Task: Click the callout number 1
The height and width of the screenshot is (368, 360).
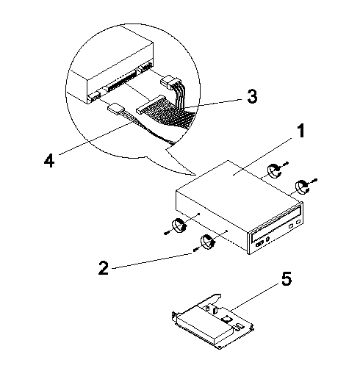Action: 300,131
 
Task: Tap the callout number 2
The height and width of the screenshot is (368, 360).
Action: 104,267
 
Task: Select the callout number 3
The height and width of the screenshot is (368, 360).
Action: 252,96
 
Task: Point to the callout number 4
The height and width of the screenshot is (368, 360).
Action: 49,160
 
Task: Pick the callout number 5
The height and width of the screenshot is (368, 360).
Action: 287,279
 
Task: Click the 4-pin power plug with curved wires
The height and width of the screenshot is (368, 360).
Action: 170,82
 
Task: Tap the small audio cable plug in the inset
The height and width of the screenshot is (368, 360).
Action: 115,109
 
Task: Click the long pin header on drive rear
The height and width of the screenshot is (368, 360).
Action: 121,81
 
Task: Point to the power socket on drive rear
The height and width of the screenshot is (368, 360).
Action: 145,67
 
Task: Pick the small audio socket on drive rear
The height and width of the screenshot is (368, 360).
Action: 93,97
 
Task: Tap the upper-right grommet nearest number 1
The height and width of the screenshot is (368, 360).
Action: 274,171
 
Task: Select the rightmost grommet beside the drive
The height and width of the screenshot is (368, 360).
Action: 303,187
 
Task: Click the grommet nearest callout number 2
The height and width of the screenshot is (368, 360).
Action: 207,242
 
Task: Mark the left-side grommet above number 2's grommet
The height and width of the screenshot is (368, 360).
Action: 180,225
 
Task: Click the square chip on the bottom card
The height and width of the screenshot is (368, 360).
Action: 226,318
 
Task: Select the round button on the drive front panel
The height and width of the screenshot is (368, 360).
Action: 268,239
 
